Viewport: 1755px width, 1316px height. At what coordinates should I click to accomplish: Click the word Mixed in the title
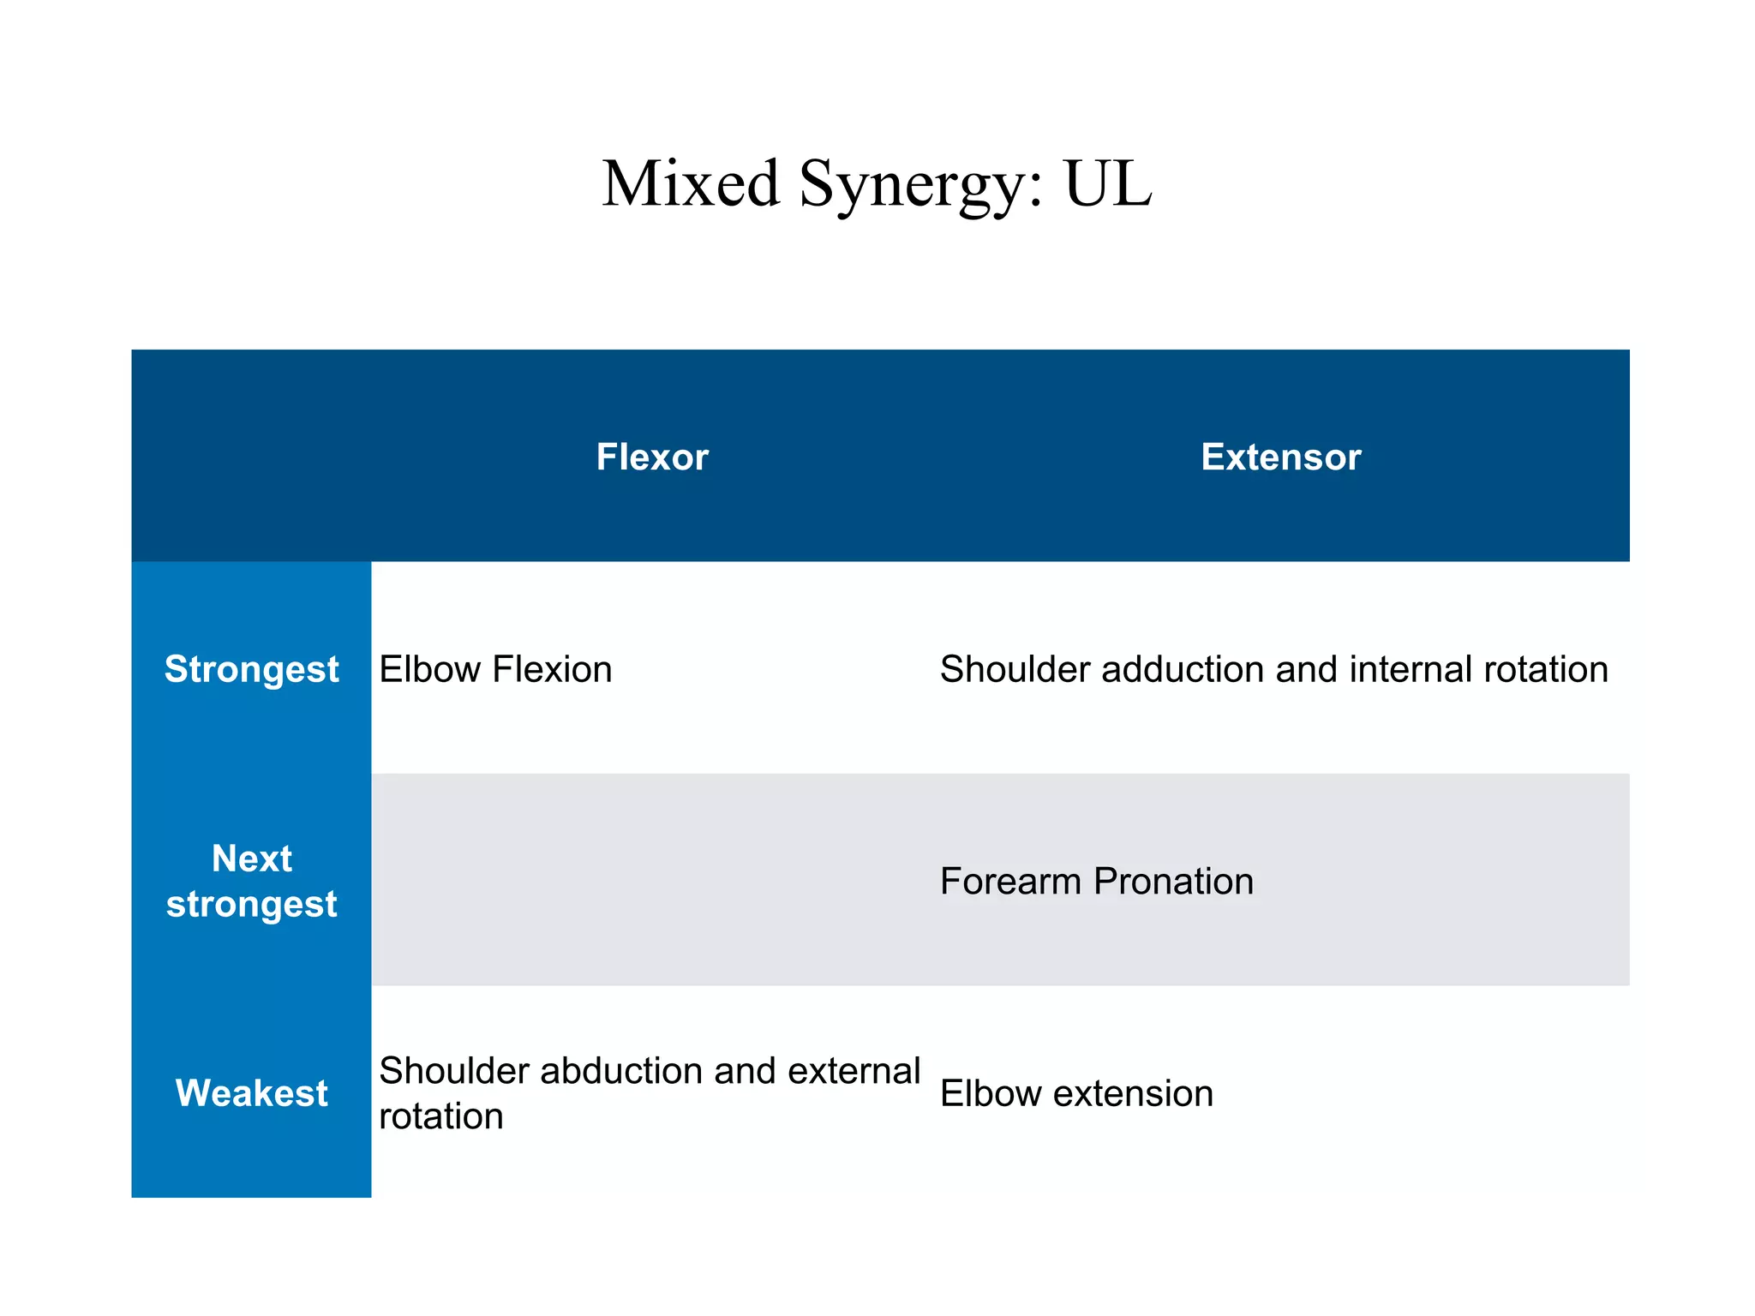coord(690,184)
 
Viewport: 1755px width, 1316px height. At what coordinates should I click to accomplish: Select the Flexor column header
coord(652,457)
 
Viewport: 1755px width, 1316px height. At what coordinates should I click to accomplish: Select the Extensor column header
coord(1280,457)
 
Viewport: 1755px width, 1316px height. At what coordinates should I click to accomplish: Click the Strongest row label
coord(251,669)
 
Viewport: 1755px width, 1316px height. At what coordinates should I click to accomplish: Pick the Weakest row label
coord(251,1093)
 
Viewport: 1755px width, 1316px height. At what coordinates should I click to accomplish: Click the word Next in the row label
coord(251,858)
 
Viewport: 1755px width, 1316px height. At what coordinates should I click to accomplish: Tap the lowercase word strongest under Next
coord(251,905)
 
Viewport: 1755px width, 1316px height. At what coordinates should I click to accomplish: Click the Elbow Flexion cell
coord(495,669)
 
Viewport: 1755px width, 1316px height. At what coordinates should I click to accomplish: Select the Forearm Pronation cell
coord(1096,882)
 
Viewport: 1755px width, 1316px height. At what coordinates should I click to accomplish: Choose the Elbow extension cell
coord(1076,1094)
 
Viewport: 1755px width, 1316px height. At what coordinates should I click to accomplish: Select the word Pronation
coord(1173,882)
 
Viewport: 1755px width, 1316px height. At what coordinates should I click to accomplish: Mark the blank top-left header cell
coord(251,456)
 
